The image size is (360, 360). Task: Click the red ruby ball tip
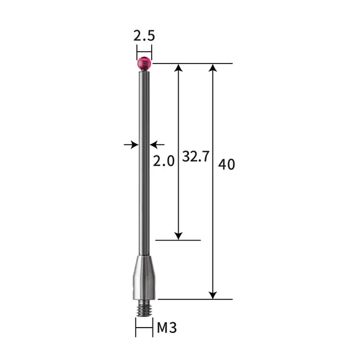coord(144,62)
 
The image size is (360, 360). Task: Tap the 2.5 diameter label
coord(144,35)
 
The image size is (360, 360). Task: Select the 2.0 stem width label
coord(164,161)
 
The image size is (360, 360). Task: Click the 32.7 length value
coord(195,158)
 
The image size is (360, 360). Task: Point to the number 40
coord(227,164)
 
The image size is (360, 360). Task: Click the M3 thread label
coord(167,328)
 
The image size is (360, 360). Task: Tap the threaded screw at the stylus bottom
coord(144,305)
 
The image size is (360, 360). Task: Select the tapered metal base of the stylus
coord(144,276)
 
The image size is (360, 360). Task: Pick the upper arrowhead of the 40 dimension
coord(212,68)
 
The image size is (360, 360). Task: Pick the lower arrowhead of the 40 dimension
coord(212,294)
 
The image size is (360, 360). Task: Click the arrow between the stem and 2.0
coord(156,144)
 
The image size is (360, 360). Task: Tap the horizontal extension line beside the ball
coord(192,63)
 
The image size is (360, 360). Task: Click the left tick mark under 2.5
coord(136,52)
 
